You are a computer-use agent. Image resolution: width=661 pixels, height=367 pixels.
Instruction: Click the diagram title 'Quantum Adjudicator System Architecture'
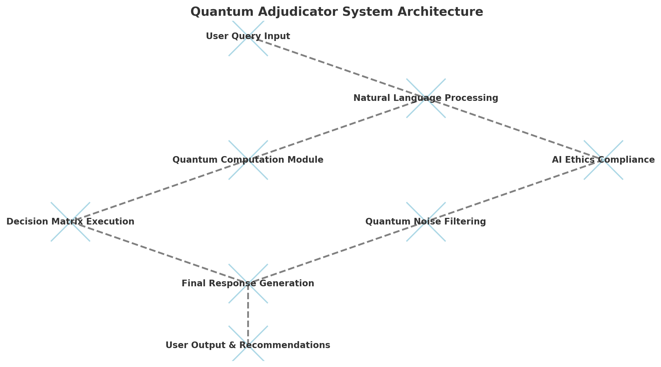pos(337,12)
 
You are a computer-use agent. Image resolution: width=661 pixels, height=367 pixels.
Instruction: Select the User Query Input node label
pos(248,36)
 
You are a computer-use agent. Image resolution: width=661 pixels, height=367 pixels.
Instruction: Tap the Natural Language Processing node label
pos(426,98)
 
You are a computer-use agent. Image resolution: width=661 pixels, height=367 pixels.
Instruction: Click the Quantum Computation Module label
pos(248,160)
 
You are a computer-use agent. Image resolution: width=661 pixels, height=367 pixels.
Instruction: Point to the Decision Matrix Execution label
pos(70,222)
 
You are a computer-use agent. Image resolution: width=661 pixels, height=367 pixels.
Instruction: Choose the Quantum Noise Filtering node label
pos(426,222)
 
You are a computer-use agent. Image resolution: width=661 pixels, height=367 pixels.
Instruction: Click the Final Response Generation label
pos(248,283)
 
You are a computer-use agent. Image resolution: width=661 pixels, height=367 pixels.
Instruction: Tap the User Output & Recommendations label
pos(248,345)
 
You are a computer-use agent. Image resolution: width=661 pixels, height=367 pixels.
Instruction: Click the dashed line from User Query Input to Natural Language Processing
pos(337,67)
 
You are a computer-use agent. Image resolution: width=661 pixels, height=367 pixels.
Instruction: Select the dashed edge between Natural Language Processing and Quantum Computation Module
pos(337,129)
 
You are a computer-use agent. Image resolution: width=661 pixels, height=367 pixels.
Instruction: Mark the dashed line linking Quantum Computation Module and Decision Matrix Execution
pos(159,191)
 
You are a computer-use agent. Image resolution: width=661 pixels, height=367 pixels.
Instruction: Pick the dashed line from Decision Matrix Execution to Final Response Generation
pos(159,253)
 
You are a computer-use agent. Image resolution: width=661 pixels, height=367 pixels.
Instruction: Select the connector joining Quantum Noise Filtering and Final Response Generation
pos(337,253)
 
